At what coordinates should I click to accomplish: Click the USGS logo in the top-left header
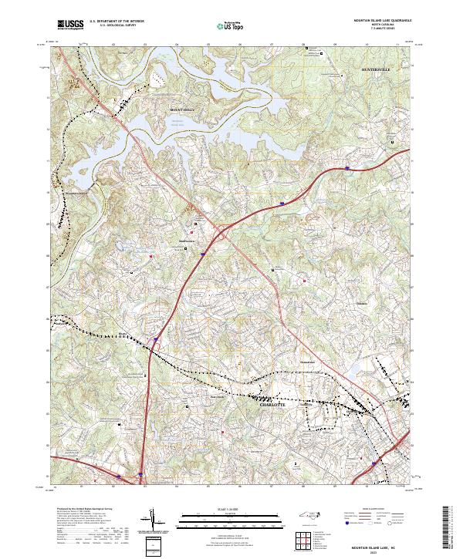[x=71, y=24]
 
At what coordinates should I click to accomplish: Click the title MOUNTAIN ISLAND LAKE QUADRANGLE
[x=382, y=20]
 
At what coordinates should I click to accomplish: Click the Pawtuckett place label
[x=198, y=398]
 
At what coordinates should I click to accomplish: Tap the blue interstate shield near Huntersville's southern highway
[x=348, y=167]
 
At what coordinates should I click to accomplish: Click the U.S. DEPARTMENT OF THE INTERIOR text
[x=122, y=21]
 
